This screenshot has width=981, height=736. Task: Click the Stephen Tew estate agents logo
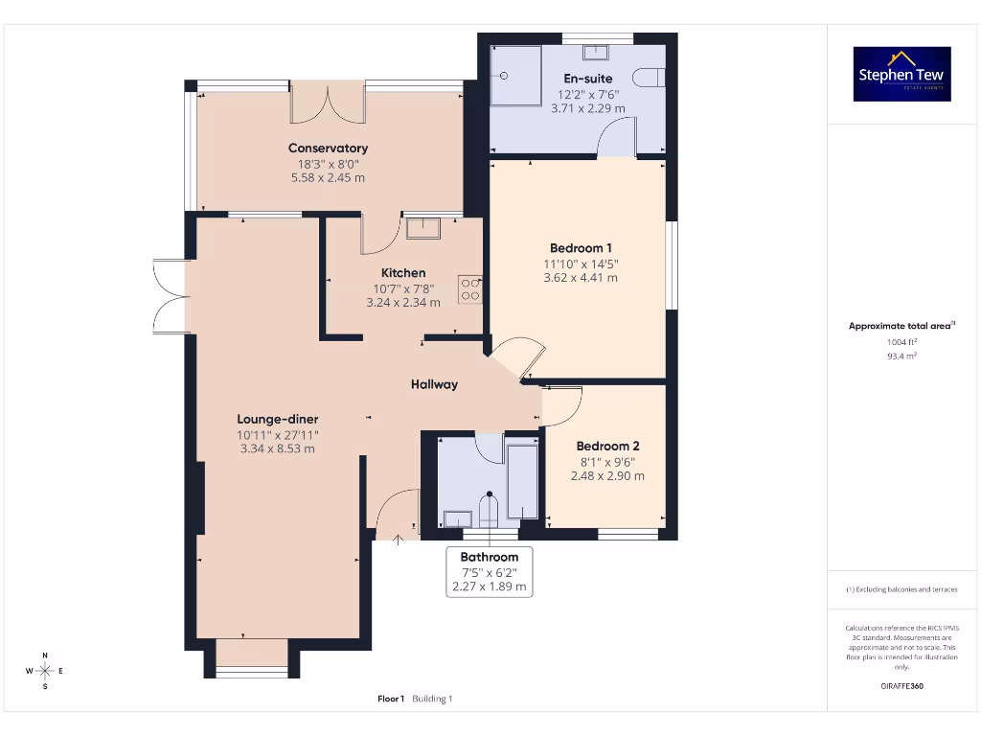901,74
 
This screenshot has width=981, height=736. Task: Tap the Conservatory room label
328,149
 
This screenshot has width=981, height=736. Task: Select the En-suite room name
587,79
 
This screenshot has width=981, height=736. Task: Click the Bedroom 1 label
581,248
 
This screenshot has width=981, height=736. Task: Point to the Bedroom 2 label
607,447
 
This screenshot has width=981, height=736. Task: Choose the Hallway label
434,384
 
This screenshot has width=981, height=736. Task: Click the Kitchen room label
402,273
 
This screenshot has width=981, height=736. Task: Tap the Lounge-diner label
278,419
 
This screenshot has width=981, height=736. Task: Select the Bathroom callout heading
489,557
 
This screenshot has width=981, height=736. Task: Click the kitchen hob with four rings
469,288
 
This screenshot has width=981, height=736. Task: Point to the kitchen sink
422,228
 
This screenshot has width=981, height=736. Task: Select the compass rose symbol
45,670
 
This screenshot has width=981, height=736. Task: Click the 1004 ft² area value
901,341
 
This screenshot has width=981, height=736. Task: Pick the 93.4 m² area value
901,356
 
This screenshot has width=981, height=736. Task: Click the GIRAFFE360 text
901,686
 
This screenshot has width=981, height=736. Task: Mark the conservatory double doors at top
328,103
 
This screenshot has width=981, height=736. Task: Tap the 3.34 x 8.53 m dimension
278,448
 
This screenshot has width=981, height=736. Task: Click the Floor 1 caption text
391,699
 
